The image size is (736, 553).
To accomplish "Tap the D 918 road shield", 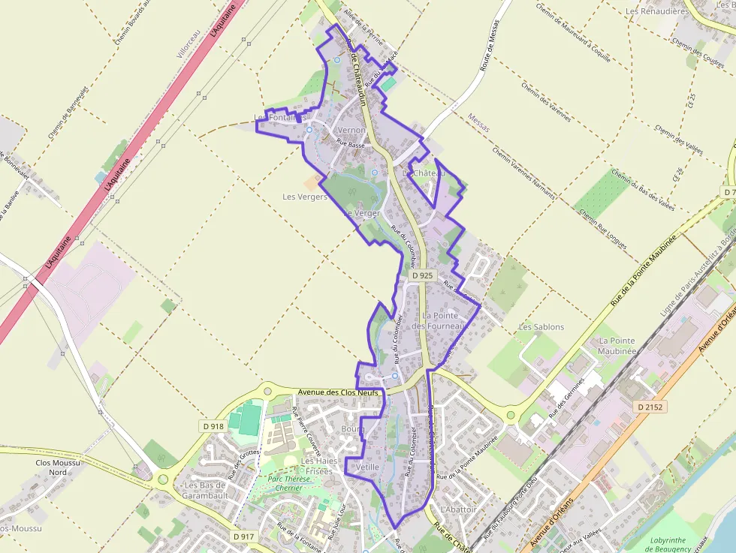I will point(213,426).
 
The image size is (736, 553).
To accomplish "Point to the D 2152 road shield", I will point(650,407).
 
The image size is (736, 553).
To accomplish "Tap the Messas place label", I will point(478,123).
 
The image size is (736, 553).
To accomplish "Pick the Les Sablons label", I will point(541,327).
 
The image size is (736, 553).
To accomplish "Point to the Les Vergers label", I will point(304,197).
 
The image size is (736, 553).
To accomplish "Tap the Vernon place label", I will point(352,131).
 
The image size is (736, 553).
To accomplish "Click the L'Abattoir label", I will point(459,509).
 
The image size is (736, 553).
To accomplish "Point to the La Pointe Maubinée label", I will point(618,346).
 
